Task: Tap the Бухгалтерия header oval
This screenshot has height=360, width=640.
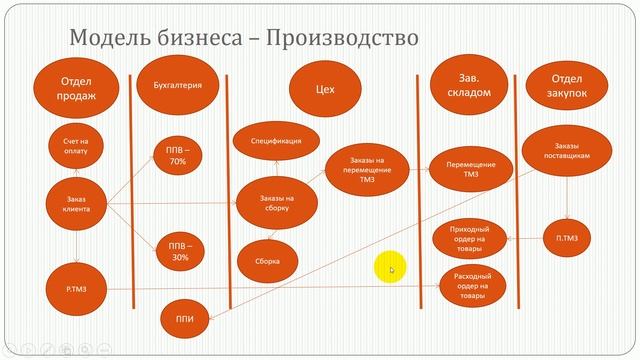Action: [x=178, y=86]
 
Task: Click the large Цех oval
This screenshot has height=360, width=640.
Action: [x=323, y=90]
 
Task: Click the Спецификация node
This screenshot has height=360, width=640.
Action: [x=276, y=142]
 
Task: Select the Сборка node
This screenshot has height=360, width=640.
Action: [x=267, y=262]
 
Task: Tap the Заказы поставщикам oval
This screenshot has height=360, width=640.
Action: [x=565, y=151]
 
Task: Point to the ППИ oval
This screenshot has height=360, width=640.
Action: [x=184, y=321]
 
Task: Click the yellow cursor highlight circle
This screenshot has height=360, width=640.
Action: [x=389, y=268]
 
